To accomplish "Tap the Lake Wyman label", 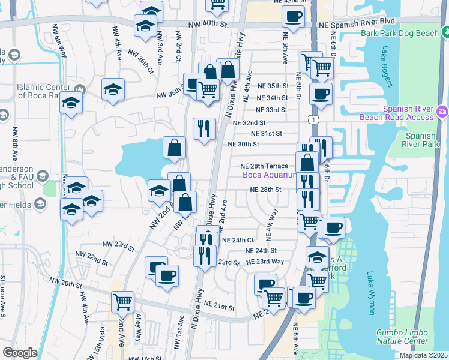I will (370, 293).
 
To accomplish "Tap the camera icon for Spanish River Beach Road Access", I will (442, 111).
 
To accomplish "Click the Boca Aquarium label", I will (270, 175).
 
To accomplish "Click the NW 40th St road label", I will (208, 25).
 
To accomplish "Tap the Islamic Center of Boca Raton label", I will (43, 91).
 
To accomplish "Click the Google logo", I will (20, 353).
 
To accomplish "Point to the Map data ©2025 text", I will (423, 355).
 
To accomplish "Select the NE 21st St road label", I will (218, 306).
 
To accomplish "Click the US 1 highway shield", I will (313, 121).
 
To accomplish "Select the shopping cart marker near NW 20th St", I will (122, 302).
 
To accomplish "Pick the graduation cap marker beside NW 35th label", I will (113, 89).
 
